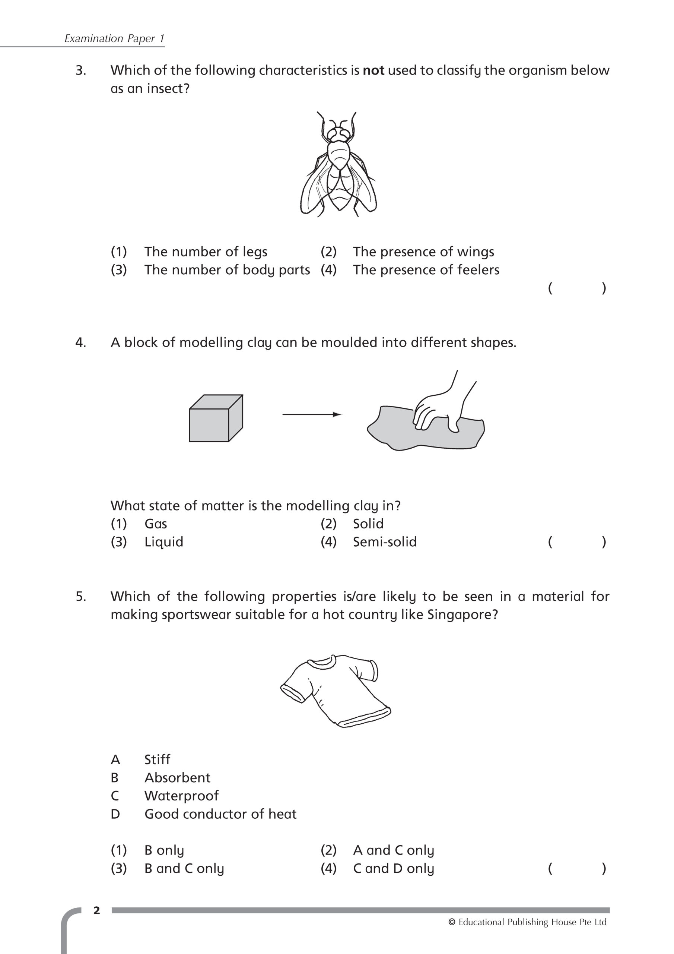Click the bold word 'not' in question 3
pos(373,71)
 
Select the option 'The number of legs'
pos(206,252)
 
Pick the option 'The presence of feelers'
pos(426,270)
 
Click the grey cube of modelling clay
pos(216,418)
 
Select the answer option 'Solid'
pos(368,524)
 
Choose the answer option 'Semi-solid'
pos(385,542)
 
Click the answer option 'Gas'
pos(156,524)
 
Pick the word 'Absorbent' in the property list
pos(177,778)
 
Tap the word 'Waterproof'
pos(181,796)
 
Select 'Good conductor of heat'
pos(220,814)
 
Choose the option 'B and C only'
pos(184,869)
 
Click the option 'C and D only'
pos(393,869)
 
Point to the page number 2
pos(97,911)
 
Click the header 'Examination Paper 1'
pos(114,39)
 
